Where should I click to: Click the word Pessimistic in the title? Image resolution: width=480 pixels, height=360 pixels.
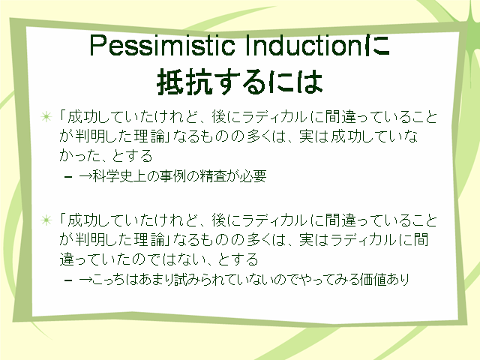click(162, 45)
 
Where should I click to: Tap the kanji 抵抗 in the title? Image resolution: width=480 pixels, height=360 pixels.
click(185, 82)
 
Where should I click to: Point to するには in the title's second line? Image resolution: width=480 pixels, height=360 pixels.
click(268, 82)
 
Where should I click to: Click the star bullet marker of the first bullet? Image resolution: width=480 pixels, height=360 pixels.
click(46, 117)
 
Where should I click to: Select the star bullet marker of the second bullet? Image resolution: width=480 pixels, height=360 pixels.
click(46, 220)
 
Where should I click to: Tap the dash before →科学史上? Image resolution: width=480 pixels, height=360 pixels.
click(68, 177)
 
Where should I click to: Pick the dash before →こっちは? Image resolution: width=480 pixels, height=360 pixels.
click(68, 280)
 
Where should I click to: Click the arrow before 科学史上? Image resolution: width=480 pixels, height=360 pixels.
click(85, 176)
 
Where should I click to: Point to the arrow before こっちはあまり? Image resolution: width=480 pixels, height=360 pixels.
click(85, 280)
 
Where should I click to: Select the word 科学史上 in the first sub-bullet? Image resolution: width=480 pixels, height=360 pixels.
click(118, 176)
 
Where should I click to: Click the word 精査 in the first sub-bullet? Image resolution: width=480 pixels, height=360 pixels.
click(213, 176)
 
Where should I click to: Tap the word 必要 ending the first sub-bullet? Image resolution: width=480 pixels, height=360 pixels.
click(253, 176)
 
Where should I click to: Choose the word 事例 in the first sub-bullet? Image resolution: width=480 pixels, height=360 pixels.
click(172, 176)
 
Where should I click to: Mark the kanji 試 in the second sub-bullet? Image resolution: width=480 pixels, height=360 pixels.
click(181, 279)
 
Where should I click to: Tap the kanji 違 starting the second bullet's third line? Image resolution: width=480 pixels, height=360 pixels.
click(67, 259)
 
